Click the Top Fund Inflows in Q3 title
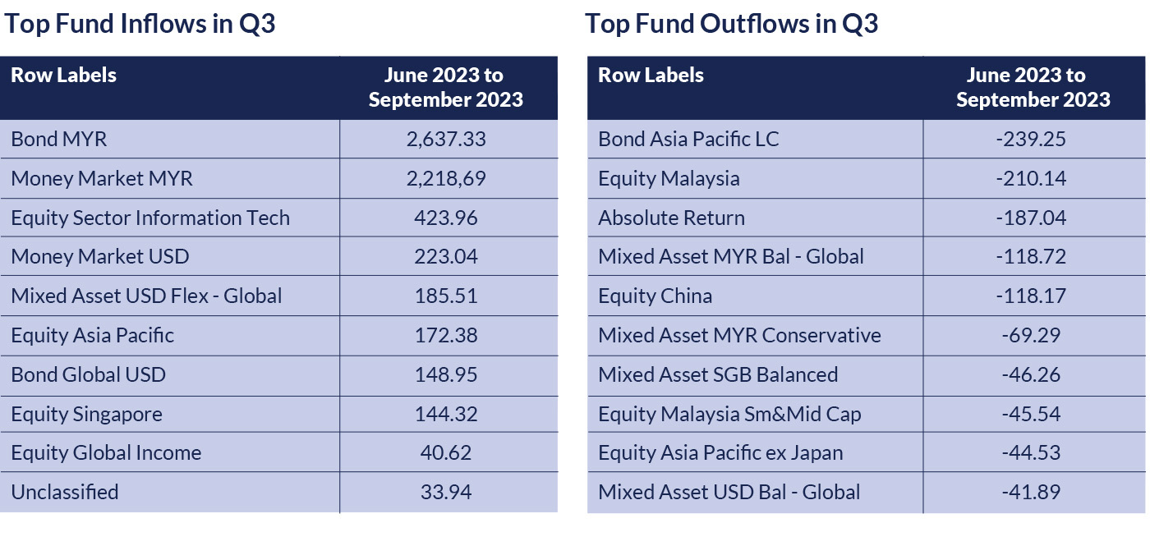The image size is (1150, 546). point(140,24)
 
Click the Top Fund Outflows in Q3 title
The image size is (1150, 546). point(731,24)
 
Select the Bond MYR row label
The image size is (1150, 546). point(59,139)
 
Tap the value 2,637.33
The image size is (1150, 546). point(446,139)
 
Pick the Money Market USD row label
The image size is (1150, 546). point(100,256)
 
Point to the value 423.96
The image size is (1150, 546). point(446,218)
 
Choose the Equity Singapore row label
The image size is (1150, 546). point(86,414)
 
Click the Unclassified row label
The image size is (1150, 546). point(65,492)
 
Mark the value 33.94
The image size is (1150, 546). point(446,492)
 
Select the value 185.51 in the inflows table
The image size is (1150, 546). point(446,296)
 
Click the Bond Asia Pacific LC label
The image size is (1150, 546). point(688,139)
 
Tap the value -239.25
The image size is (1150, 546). point(1031,139)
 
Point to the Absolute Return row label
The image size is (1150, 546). point(671,218)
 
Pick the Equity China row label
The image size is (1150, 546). point(655,296)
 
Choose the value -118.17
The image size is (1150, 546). point(1031,296)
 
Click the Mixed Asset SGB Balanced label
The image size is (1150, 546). point(718,374)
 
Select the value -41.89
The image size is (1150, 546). point(1031,492)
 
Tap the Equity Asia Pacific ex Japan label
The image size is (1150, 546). point(720,452)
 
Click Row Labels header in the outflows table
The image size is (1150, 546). point(651,76)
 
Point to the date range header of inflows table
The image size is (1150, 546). point(446,87)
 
